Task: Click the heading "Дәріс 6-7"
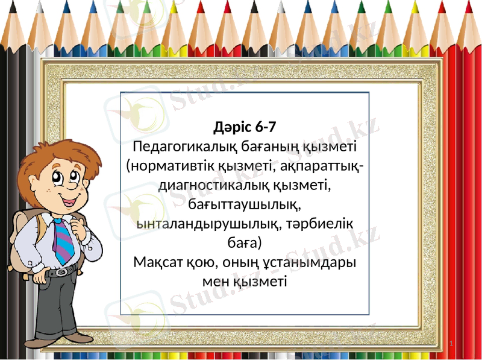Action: tap(245, 127)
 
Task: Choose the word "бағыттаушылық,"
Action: tap(245, 204)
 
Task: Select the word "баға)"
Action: tap(245, 243)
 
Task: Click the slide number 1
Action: tap(452, 344)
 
